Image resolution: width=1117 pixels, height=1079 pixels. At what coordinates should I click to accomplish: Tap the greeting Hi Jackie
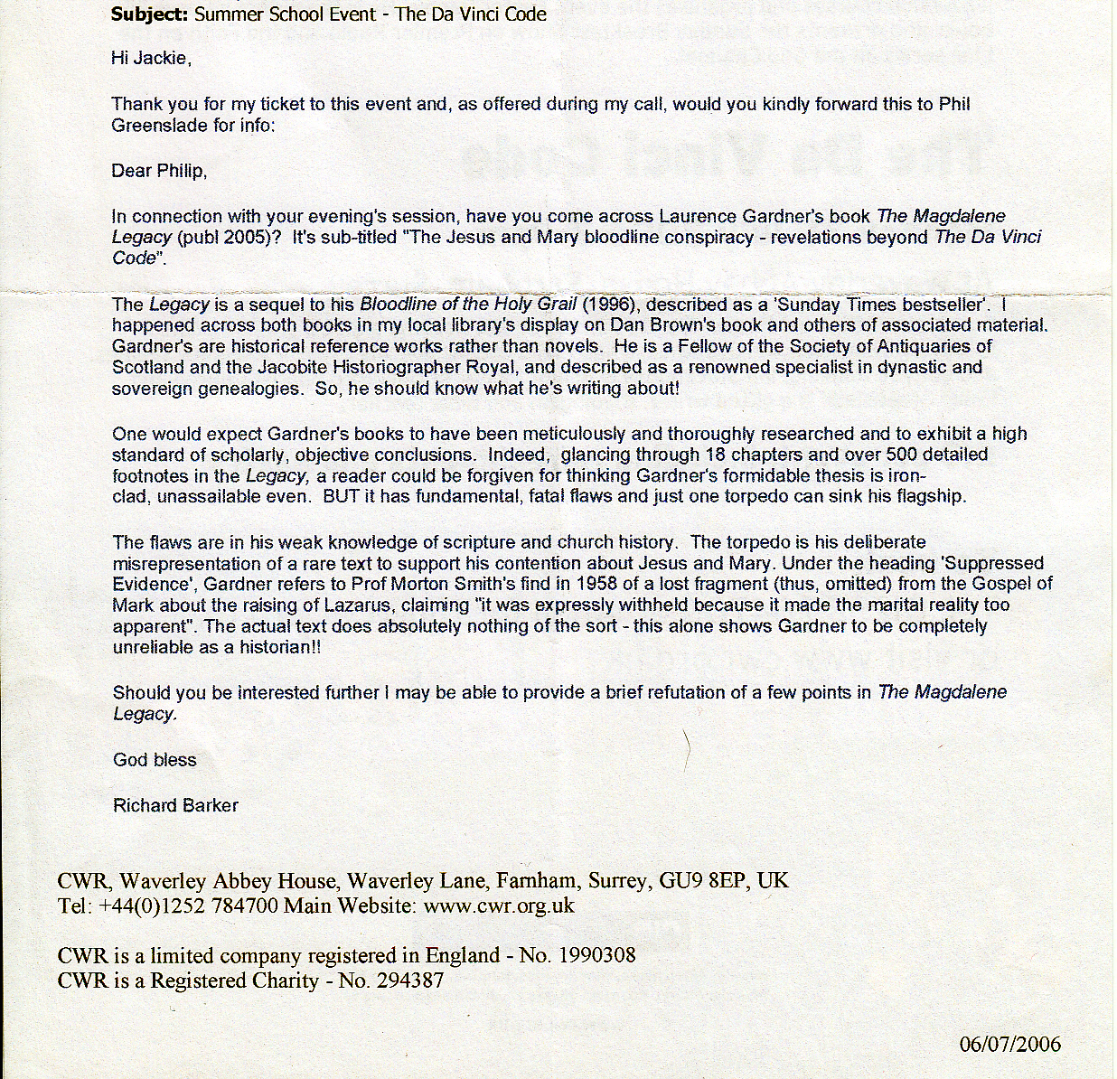[150, 59]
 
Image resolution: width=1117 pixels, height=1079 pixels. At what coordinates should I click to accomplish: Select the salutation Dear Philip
[159, 171]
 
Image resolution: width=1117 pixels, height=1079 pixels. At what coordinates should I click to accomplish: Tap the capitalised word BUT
[341, 496]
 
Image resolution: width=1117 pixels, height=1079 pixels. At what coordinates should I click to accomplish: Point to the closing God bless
[155, 760]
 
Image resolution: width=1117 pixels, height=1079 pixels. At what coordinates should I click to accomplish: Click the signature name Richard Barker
[175, 805]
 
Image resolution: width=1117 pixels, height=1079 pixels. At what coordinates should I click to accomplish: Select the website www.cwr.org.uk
[498, 905]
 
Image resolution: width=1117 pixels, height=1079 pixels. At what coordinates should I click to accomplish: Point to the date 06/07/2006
[1009, 1044]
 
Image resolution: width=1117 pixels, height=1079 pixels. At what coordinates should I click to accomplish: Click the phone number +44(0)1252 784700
[187, 905]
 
